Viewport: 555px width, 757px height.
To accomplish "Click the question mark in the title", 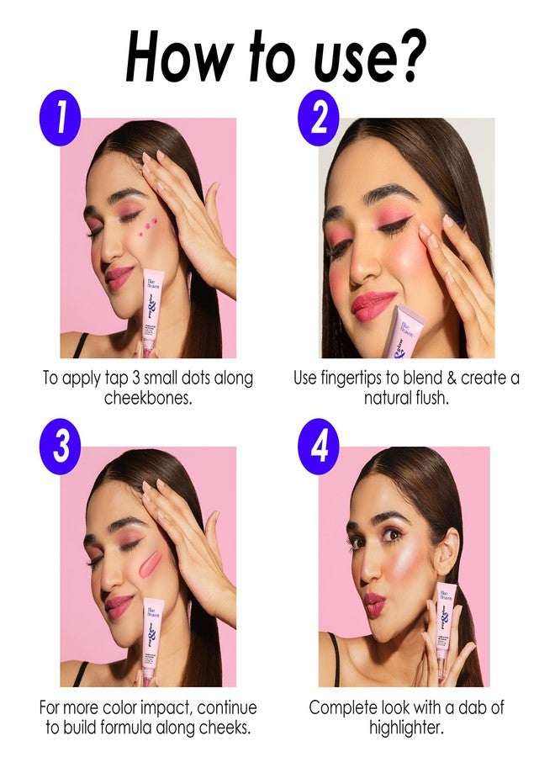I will click(x=409, y=56).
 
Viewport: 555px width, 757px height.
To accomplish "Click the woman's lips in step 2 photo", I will click(x=373, y=304).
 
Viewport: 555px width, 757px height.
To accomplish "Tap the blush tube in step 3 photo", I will click(x=153, y=638).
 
